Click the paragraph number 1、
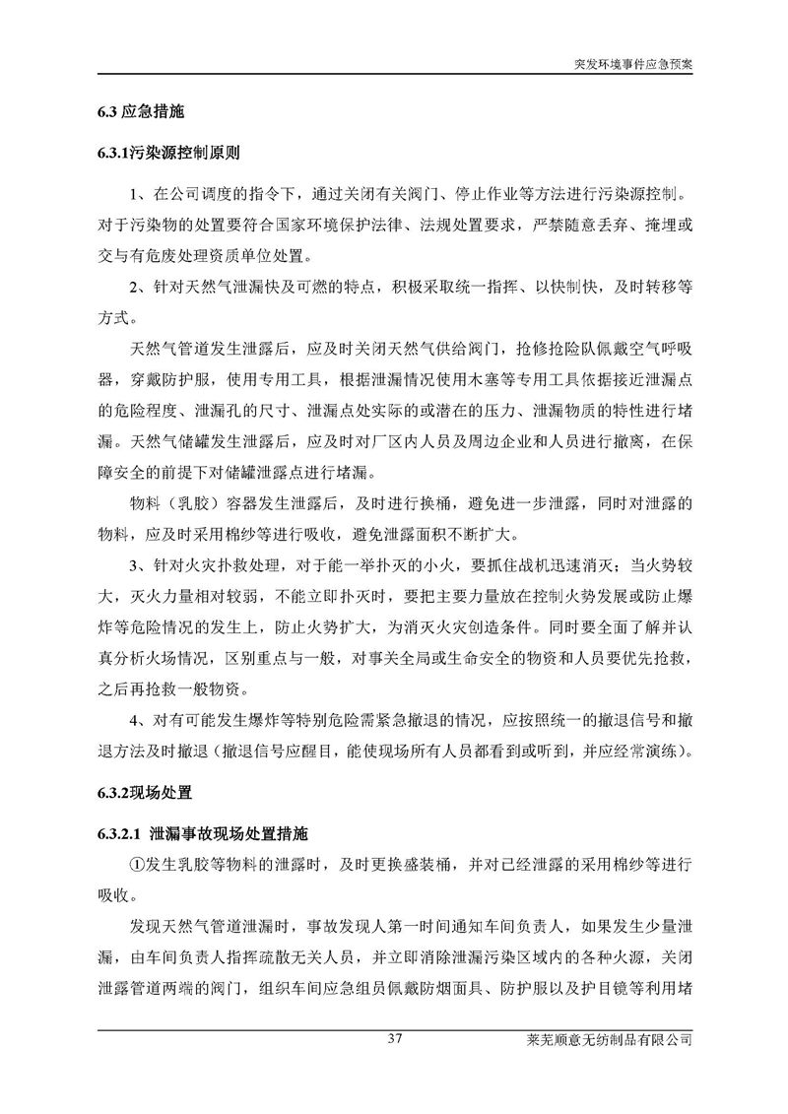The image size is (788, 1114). pyautogui.click(x=139, y=195)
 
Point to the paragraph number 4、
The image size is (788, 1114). pyautogui.click(x=139, y=726)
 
